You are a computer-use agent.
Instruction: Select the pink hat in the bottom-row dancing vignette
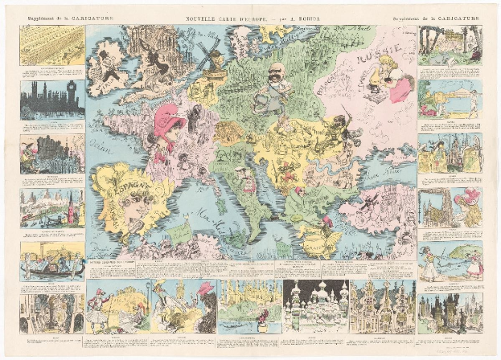pos(206,288)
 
